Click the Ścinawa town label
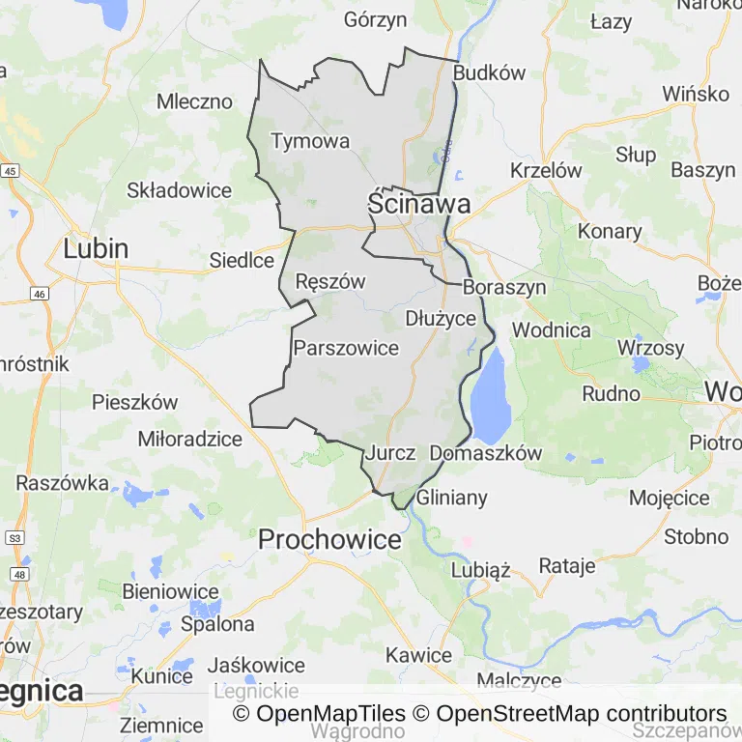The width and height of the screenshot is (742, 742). click(418, 204)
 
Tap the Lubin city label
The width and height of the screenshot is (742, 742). click(96, 248)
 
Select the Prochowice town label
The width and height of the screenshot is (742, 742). click(329, 539)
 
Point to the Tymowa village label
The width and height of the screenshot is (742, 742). click(310, 141)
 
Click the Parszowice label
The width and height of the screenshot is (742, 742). click(346, 348)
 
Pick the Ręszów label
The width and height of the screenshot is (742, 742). click(330, 282)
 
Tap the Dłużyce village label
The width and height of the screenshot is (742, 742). click(441, 318)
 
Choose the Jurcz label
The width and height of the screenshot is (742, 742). click(391, 452)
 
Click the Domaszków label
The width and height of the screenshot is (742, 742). click(486, 452)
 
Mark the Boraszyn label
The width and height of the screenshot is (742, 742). click(504, 287)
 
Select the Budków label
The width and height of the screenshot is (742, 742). click(489, 72)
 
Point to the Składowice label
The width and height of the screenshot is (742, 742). click(180, 190)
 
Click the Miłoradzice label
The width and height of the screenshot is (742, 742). click(190, 439)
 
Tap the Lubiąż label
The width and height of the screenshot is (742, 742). click(480, 570)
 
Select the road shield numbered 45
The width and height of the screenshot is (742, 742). click(11, 171)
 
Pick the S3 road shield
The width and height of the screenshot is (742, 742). click(14, 537)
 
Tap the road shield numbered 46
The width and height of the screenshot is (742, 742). click(40, 293)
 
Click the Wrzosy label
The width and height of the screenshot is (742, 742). click(650, 348)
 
